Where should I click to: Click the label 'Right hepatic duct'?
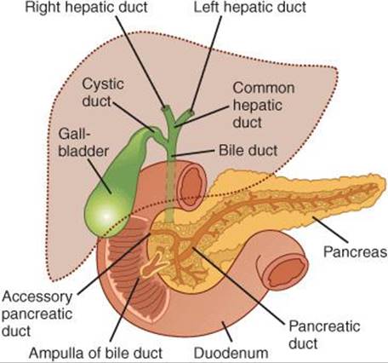tap(86, 7)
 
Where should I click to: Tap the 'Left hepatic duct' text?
tap(249, 7)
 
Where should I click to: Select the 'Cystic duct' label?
tap(103, 93)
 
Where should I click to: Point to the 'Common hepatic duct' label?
tap(264, 105)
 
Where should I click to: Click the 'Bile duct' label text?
tap(248, 150)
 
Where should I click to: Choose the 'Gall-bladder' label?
tap(83, 142)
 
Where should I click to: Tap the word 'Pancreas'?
tap(356, 251)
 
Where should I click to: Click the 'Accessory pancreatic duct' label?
tap(37, 314)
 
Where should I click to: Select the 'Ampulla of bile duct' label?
tap(95, 353)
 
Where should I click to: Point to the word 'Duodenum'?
tap(231, 353)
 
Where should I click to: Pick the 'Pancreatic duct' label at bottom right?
tap(324, 335)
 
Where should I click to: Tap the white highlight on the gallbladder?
tap(106, 216)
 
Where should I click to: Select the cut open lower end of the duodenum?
tap(286, 270)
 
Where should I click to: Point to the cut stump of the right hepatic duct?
tap(165, 108)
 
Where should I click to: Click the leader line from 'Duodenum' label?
tap(227, 331)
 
